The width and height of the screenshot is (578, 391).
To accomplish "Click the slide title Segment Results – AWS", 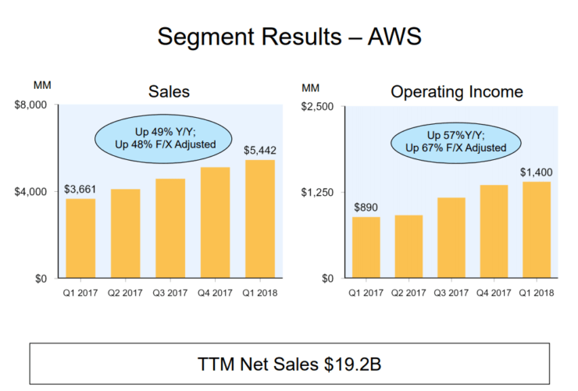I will coord(289,36).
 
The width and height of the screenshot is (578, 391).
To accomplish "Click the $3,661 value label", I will coord(80,189).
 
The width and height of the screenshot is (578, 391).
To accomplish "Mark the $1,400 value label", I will coord(536,172).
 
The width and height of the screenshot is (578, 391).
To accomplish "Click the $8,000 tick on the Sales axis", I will coord(31,105).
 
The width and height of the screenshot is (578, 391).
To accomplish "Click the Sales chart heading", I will coord(169,92).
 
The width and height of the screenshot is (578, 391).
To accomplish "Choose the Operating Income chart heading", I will coord(457,92).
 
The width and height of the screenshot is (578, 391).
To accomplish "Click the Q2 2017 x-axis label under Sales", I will coord(125,293).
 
